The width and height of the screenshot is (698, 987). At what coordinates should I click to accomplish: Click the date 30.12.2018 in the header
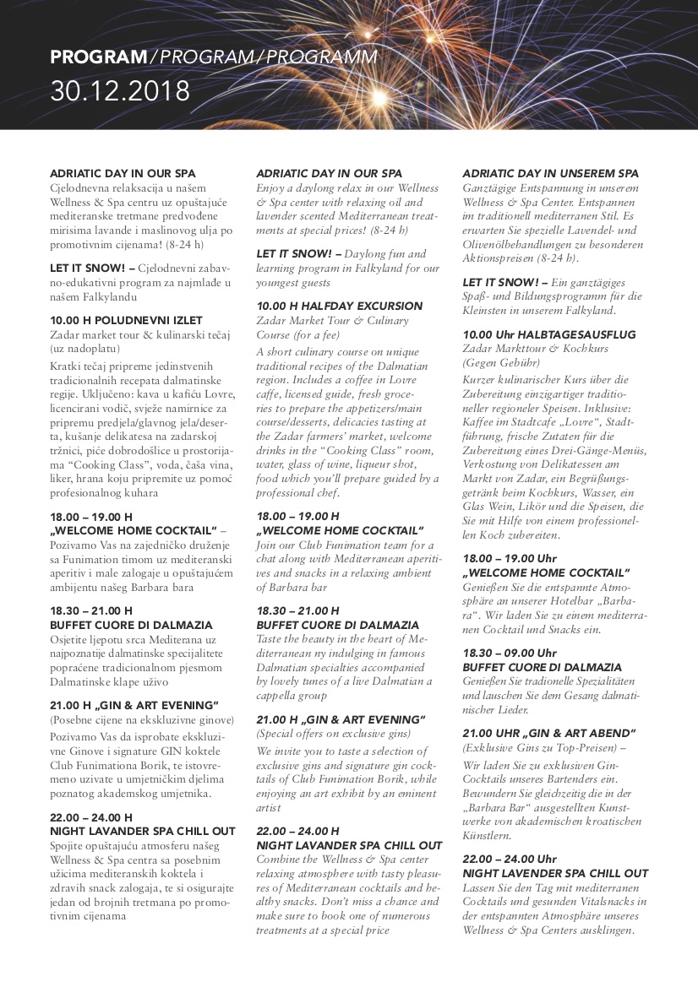pyautogui.click(x=120, y=90)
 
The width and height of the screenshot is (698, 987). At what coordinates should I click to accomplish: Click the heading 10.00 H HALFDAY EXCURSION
pyautogui.click(x=340, y=306)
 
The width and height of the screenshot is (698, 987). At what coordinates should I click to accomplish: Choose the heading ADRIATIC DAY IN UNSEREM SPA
pyautogui.click(x=550, y=173)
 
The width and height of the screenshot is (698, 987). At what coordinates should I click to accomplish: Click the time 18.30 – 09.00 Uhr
pyautogui.click(x=510, y=653)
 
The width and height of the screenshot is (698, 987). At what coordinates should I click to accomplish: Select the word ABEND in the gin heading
pyautogui.click(x=608, y=733)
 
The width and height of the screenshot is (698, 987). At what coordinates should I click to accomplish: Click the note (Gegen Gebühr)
pyautogui.click(x=501, y=363)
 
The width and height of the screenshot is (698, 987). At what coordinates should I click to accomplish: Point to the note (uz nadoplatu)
pyautogui.click(x=85, y=348)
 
